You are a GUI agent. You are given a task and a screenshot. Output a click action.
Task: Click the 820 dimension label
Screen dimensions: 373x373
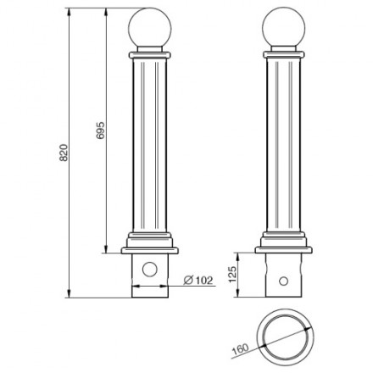click(64, 153)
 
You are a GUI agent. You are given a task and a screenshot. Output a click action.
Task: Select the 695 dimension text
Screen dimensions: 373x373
click(100, 131)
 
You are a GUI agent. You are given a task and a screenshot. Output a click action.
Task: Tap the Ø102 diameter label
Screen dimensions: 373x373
click(198, 280)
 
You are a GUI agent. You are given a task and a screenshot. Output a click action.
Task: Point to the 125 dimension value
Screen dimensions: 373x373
click(231, 274)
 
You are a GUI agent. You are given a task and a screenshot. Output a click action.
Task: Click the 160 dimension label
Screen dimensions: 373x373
click(241, 349)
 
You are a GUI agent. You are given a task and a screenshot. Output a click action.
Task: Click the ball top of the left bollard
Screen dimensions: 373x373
click(150, 28)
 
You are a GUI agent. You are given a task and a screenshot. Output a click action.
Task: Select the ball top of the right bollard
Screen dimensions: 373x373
click(284, 28)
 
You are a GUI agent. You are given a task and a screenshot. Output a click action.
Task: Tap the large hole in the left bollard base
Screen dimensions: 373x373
click(150, 270)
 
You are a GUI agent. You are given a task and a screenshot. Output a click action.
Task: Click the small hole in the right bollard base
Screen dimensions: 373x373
click(283, 281)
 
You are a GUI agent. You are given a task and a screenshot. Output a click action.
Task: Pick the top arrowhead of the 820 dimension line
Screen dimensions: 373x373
click(69, 12)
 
